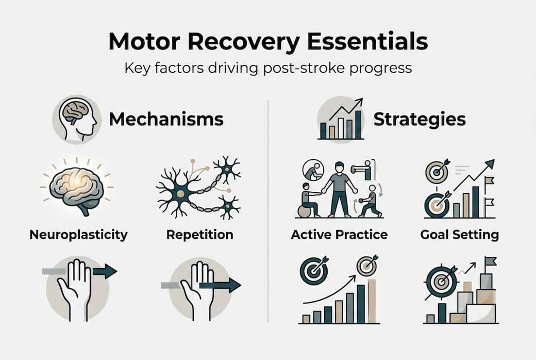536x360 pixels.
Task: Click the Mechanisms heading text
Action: tap(166, 119)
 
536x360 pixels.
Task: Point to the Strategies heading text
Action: tap(419, 119)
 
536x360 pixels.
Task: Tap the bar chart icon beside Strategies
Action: tap(341, 119)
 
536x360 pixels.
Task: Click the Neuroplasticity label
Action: tap(78, 235)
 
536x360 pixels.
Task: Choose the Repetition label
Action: tap(199, 235)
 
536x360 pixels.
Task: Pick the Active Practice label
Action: tap(339, 235)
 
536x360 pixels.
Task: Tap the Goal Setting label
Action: tap(459, 235)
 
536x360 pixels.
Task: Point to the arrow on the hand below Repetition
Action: tap(220, 285)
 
